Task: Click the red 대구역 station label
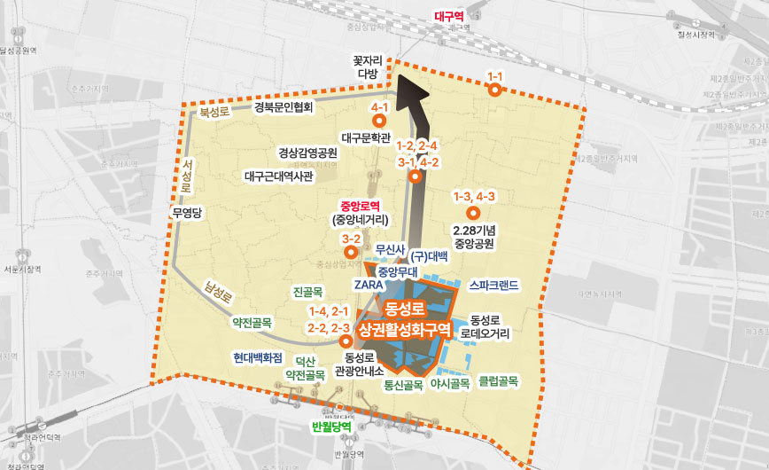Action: pos(449,16)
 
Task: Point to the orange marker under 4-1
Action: pos(381,123)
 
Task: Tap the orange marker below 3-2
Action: pos(350,254)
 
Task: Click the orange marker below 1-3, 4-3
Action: pos(473,213)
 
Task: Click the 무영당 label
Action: pos(188,213)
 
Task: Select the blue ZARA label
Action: pos(367,286)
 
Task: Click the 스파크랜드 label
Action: pos(493,286)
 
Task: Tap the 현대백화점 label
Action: pos(258,358)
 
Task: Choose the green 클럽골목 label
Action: pos(497,381)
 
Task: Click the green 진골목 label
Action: pos(308,291)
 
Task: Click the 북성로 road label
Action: pos(214,113)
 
